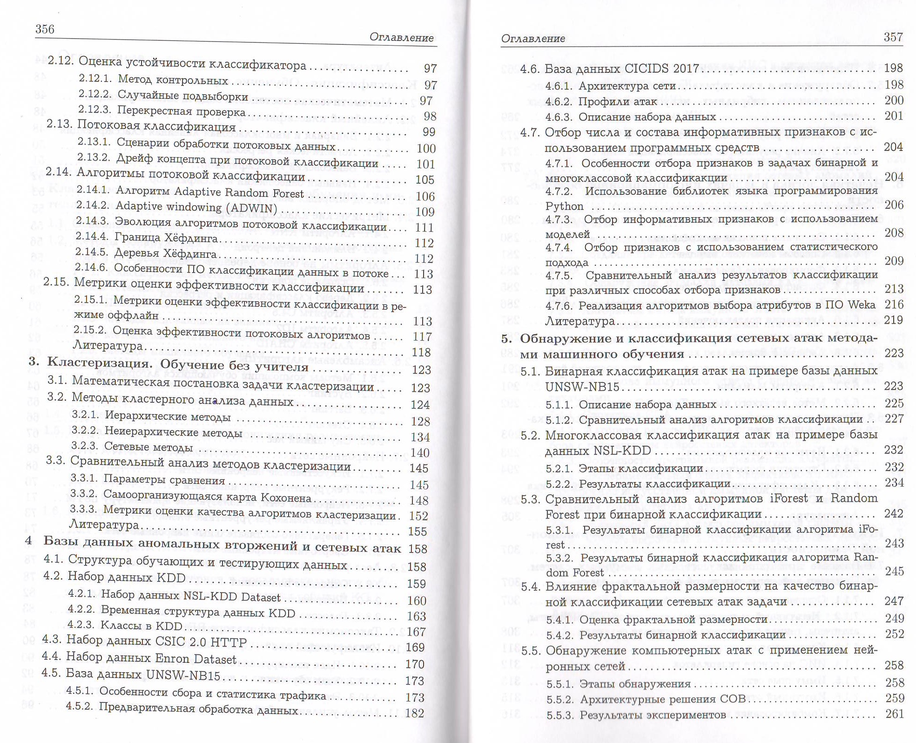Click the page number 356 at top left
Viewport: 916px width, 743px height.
click(x=45, y=29)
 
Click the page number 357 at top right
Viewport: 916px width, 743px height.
click(x=893, y=37)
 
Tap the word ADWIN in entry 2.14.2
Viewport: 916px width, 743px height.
click(x=253, y=208)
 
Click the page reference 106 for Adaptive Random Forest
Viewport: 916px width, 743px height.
click(x=425, y=196)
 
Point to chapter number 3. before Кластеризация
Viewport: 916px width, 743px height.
click(x=34, y=361)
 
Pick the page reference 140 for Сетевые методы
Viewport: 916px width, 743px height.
click(x=420, y=453)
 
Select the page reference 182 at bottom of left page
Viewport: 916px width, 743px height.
click(x=414, y=713)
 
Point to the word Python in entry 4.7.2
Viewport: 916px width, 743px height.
click(x=564, y=206)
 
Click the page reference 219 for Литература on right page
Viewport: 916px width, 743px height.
click(x=894, y=320)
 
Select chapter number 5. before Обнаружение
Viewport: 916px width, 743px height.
click(x=506, y=339)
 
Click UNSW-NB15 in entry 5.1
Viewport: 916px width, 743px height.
click(x=582, y=388)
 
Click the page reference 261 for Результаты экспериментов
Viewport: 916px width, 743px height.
click(x=894, y=714)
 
